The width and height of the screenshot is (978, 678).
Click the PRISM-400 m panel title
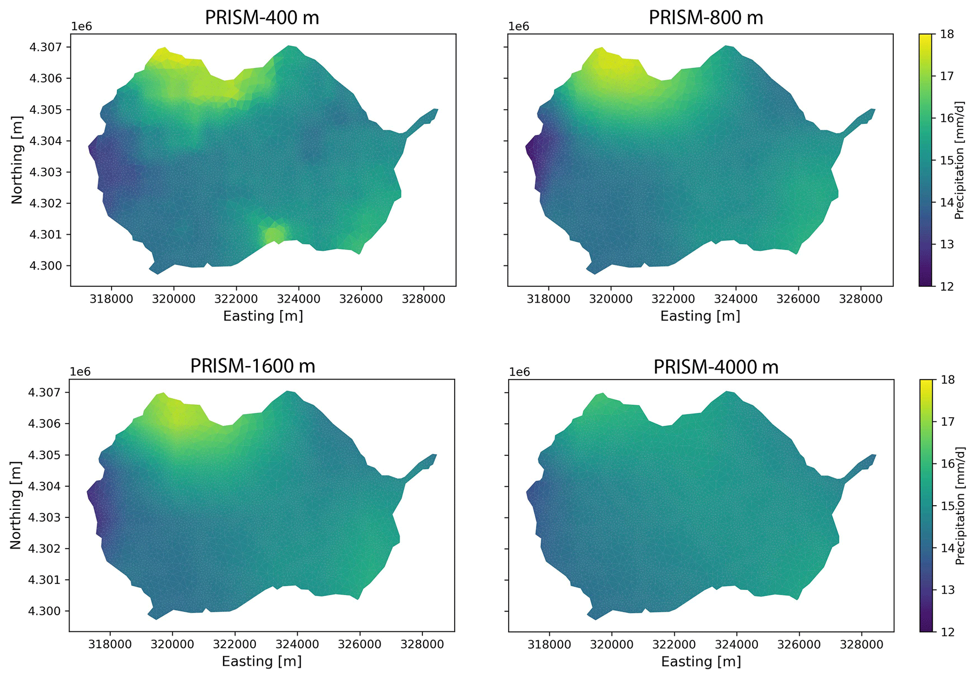(x=262, y=18)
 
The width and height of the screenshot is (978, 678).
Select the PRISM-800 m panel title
(x=705, y=18)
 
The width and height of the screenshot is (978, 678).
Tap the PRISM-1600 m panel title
(x=253, y=366)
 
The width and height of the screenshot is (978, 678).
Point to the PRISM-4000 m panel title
(x=715, y=367)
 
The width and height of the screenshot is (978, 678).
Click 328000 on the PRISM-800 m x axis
(x=861, y=300)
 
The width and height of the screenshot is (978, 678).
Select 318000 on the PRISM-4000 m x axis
(x=549, y=645)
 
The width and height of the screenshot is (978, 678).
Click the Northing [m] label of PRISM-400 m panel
(x=17, y=160)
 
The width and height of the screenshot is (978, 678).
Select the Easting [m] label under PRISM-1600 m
(x=262, y=661)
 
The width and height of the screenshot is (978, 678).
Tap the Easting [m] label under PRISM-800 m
(x=700, y=316)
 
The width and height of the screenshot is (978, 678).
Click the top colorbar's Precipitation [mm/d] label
(x=959, y=160)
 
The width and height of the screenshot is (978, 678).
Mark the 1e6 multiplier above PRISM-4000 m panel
(x=520, y=372)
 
